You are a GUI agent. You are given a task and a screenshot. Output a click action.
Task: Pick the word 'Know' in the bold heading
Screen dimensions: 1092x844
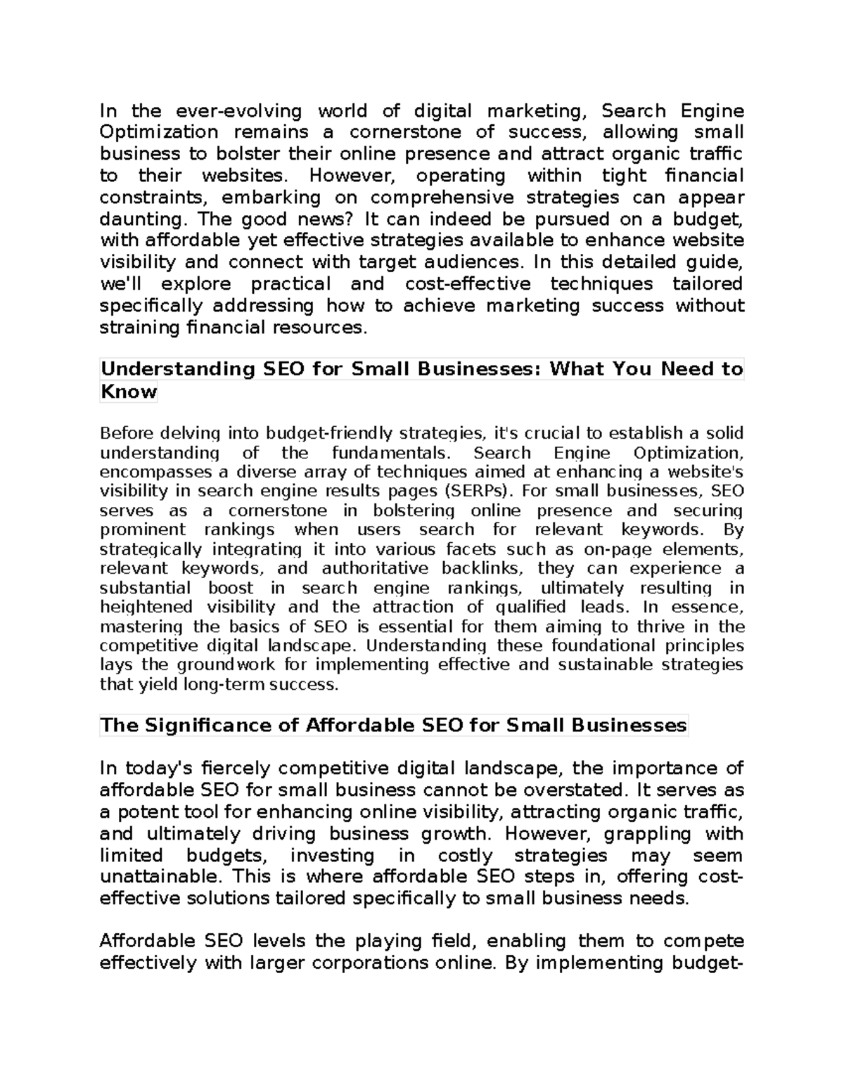[128, 391]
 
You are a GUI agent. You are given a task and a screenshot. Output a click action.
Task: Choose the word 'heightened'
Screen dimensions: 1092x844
[146, 607]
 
